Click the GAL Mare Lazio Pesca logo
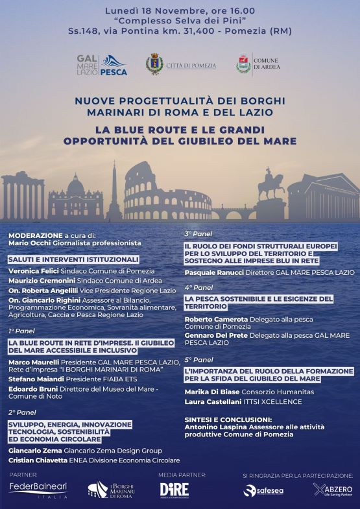point(102,65)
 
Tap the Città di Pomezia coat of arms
point(154,65)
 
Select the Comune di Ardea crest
point(243,64)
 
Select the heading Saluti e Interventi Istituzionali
point(73,259)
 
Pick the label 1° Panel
point(21,331)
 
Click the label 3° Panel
point(198,233)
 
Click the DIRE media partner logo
point(174,490)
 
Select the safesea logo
point(263,491)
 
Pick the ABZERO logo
point(333,490)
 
